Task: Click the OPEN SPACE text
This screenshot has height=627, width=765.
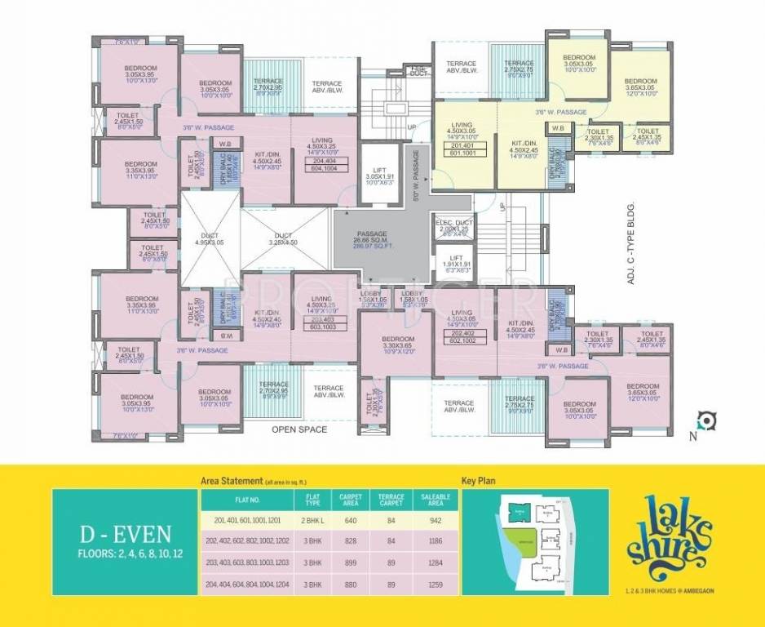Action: (299, 429)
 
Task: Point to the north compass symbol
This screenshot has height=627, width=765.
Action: (707, 421)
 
